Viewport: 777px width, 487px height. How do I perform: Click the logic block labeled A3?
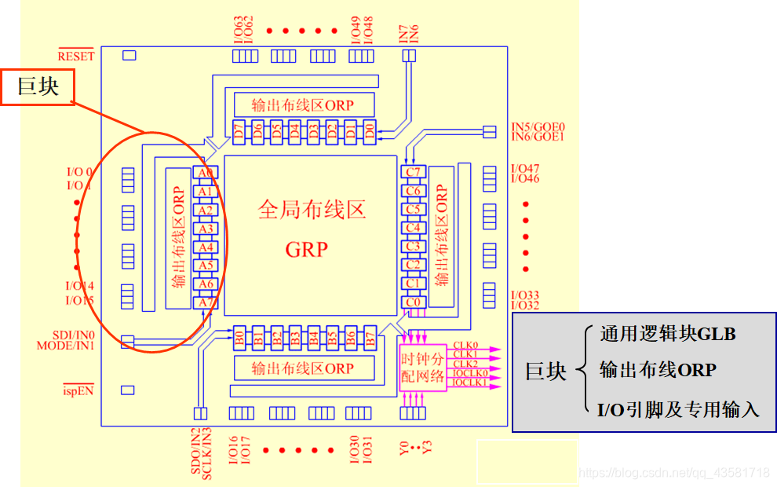[206, 229]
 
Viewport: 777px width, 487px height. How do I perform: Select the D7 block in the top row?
[239, 131]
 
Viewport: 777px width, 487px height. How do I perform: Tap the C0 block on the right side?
[413, 301]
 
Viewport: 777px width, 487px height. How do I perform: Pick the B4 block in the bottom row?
[314, 339]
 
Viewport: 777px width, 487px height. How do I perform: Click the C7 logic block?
[413, 172]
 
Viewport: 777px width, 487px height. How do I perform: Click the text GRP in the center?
[306, 249]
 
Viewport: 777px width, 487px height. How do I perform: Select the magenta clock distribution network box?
[422, 368]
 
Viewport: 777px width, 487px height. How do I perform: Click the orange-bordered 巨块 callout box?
[38, 86]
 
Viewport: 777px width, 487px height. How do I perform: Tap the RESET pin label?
[76, 56]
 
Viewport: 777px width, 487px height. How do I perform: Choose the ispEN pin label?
[78, 390]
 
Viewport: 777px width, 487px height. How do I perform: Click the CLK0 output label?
[465, 346]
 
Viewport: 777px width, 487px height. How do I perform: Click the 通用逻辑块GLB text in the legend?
[668, 334]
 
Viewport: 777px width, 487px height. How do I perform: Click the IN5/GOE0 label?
[538, 126]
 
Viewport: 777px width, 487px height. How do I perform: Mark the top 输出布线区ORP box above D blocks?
[303, 104]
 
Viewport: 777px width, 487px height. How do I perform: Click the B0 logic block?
[239, 339]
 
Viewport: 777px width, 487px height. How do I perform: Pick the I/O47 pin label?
[525, 169]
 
